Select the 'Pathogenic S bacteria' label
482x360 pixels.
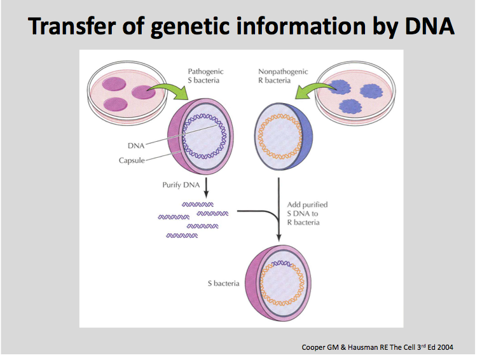tap(207, 76)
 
